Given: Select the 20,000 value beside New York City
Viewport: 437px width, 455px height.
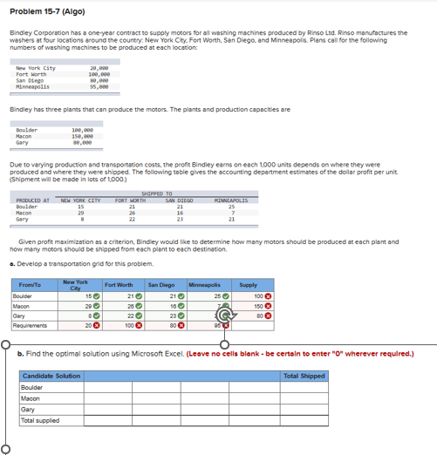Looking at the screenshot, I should [x=98, y=68].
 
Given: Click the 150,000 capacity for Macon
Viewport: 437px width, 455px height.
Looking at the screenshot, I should [x=83, y=136].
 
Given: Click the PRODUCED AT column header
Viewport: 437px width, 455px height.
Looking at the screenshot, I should [x=32, y=200].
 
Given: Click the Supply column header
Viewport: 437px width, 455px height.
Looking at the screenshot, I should [x=248, y=284].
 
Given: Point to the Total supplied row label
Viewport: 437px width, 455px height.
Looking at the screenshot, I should [x=39, y=420].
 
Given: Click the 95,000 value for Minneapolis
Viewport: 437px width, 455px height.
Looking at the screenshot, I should [x=98, y=86].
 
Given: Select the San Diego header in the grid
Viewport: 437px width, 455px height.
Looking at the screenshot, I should [x=161, y=284].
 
